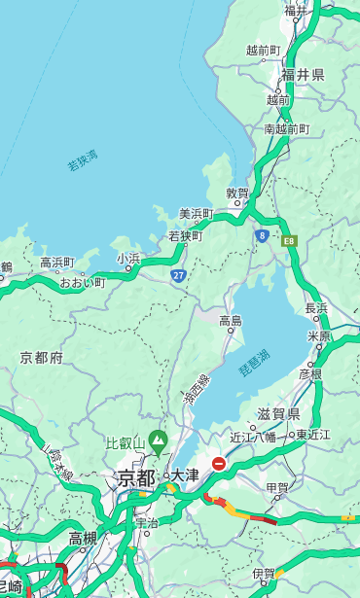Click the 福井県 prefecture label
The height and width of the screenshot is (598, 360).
pyautogui.click(x=303, y=75)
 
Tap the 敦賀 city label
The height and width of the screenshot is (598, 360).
pyautogui.click(x=237, y=193)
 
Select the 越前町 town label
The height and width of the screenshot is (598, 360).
pyautogui.click(x=263, y=50)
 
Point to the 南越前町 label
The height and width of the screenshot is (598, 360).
pyautogui.click(x=286, y=128)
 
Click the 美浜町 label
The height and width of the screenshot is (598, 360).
pyautogui.click(x=196, y=214)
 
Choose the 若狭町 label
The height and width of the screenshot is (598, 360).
pyautogui.click(x=185, y=236)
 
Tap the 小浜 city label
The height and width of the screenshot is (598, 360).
pyautogui.click(x=128, y=259)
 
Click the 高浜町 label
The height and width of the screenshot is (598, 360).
pyautogui.click(x=56, y=263)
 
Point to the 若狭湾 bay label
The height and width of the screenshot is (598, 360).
pyautogui.click(x=83, y=161)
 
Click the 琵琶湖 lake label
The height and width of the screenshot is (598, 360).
pyautogui.click(x=254, y=363)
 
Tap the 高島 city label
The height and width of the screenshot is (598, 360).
pyautogui.click(x=231, y=321)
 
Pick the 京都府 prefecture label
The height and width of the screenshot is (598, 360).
pyautogui.click(x=42, y=358)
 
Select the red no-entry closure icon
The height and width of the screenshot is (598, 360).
pyautogui.click(x=219, y=464)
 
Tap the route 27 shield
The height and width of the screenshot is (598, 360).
pyautogui.click(x=179, y=276)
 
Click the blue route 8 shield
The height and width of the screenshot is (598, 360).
pyautogui.click(x=262, y=235)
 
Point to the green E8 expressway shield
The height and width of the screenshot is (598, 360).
pyautogui.click(x=289, y=239)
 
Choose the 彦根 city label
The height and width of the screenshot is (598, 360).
pyautogui.click(x=309, y=373)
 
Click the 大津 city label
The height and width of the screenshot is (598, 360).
pyautogui.click(x=184, y=475)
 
